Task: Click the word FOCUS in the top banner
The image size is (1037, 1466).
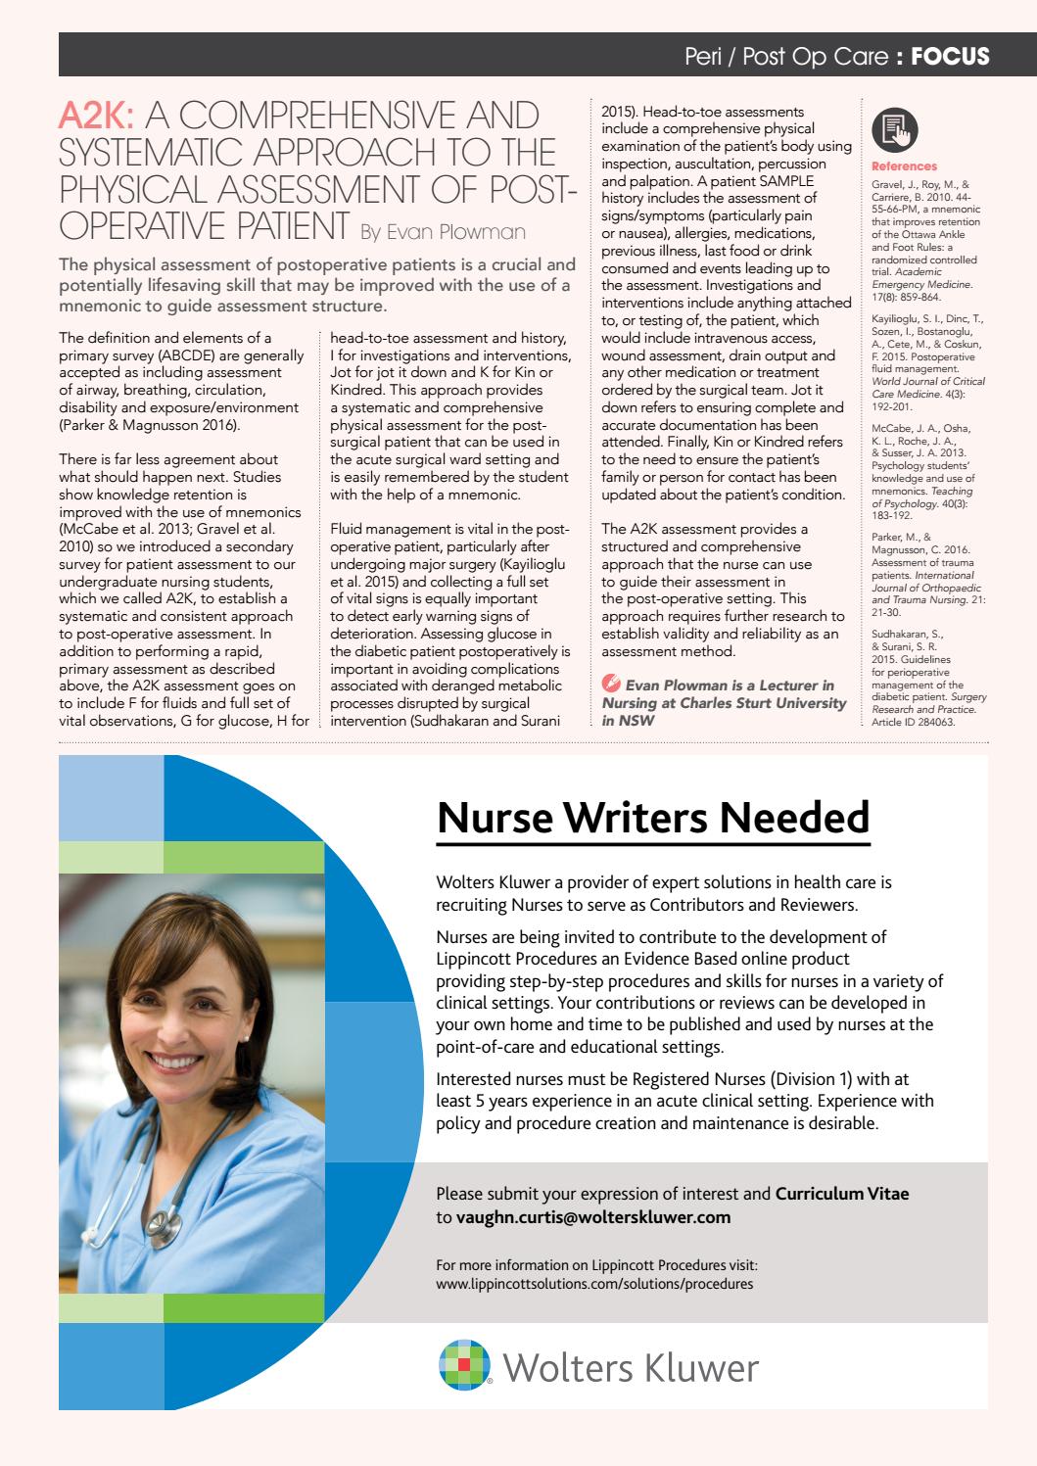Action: pos(950,57)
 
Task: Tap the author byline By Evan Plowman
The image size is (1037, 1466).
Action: pos(443,232)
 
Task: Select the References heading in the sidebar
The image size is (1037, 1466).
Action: pos(903,166)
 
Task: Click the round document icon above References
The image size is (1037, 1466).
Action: pos(891,127)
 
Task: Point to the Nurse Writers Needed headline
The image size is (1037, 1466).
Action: pos(652,817)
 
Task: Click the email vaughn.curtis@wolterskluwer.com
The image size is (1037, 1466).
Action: pos(593,1217)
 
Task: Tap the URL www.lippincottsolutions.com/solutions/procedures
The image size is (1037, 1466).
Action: pos(594,1283)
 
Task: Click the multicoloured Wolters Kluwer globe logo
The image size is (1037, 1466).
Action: pos(464,1365)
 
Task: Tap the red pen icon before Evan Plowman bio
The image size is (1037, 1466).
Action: pos(610,685)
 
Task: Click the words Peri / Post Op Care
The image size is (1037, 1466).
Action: pos(786,57)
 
